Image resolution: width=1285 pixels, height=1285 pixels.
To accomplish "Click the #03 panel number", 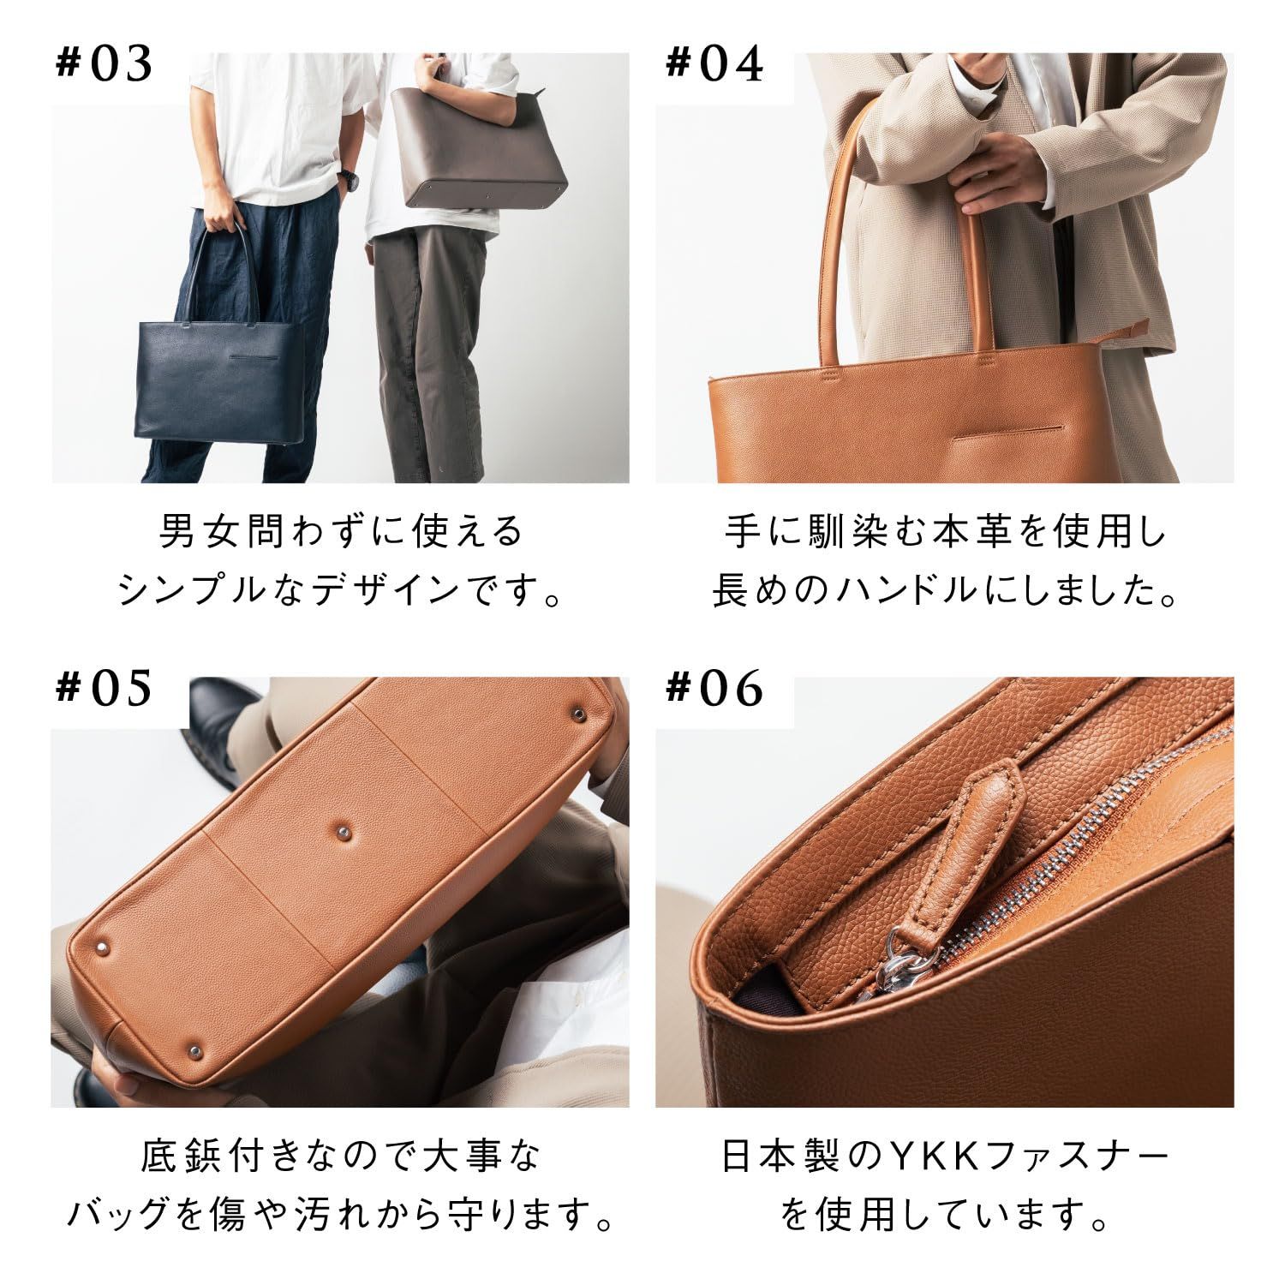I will pyautogui.click(x=104, y=65).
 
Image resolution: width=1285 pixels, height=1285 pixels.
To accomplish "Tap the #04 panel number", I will pyautogui.click(x=714, y=65).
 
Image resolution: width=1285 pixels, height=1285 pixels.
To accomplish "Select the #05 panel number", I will pyautogui.click(x=104, y=690).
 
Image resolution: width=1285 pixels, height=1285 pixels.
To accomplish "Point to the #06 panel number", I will pyautogui.click(x=714, y=690).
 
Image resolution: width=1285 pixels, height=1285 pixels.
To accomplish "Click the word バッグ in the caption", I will pyautogui.click(x=117, y=1216).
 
